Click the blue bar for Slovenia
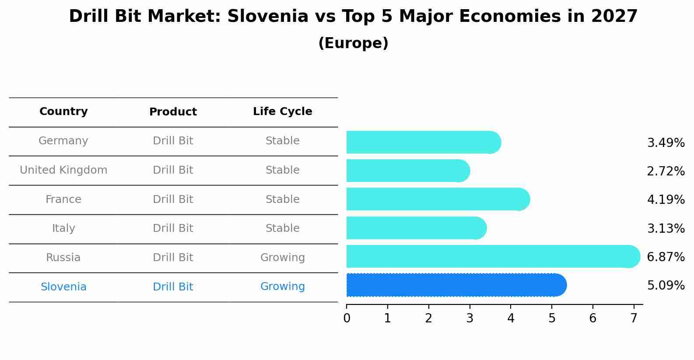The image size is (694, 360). coord(455,285)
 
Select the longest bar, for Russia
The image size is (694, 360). coord(492,257)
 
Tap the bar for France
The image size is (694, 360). coord(438,199)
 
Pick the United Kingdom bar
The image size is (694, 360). coord(407,171)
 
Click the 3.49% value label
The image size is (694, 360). coord(666,143)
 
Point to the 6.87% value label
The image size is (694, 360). coord(666,257)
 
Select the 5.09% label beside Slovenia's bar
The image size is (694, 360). coord(666,286)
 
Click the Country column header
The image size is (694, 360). coord(63,112)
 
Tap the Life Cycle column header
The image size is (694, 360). coord(282,112)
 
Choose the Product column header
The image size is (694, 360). coord(173,112)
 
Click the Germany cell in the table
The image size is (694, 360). coord(63,141)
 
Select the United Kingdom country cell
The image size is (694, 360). coord(63,170)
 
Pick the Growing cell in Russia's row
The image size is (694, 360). coord(282,258)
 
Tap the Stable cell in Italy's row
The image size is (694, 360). coord(282,228)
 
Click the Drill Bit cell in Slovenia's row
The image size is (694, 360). coord(173,287)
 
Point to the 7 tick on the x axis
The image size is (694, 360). coord(634,318)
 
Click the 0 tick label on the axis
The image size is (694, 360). coord(347,318)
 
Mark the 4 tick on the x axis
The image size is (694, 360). coord(511,318)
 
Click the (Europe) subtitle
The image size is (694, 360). coord(353,43)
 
